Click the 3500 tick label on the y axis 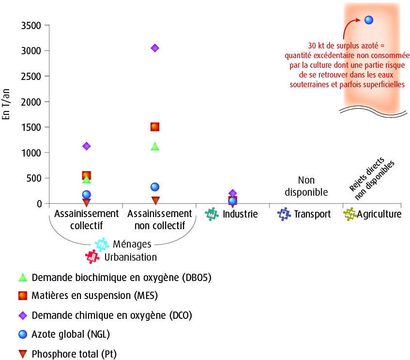31,26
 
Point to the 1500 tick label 31,127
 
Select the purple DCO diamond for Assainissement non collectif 155,48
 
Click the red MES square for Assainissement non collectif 155,127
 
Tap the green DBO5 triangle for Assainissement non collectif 155,146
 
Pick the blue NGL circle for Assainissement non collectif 155,187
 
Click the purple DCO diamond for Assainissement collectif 87,146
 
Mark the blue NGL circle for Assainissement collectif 87,194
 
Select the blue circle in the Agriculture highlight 369,20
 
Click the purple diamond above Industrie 233,193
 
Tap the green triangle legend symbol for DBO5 23,277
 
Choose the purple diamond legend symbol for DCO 23,315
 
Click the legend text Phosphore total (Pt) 74,354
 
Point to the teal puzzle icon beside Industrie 212,214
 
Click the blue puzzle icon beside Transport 284,214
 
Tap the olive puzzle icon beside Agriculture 350,214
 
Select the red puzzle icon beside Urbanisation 92,257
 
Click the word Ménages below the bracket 132,244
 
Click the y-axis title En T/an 6,104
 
